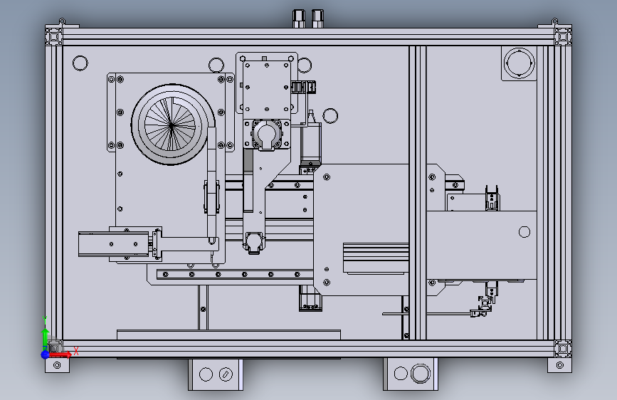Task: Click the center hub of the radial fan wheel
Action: pos(171,125)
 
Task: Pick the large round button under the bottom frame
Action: pos(421,374)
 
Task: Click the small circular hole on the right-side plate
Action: pos(524,231)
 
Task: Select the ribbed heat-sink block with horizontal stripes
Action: pos(375,258)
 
